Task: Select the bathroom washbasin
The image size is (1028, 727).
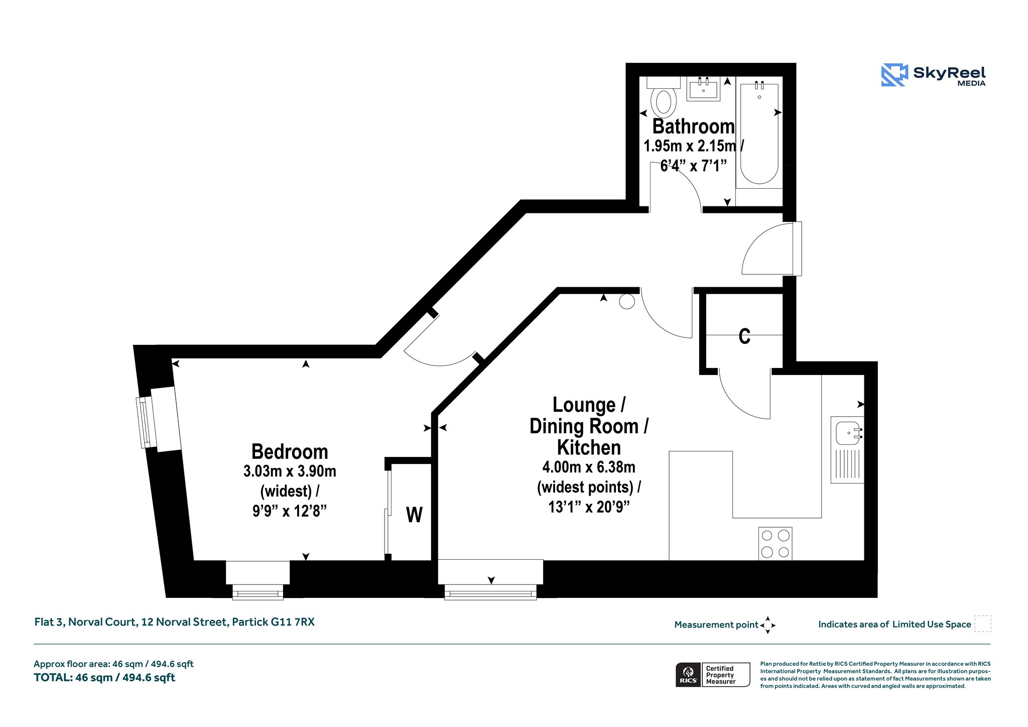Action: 703,89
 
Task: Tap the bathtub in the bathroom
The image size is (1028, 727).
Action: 759,135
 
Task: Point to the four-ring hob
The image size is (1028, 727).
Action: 775,544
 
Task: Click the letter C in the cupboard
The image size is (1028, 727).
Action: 745,336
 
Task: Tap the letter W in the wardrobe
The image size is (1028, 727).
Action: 414,515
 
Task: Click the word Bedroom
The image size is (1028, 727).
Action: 290,451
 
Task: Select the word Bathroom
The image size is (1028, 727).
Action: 693,127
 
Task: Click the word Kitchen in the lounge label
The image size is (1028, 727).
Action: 589,447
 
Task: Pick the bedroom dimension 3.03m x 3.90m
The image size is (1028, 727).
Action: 290,471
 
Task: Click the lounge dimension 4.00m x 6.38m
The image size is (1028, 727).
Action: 589,467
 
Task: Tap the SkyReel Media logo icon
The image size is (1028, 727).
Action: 894,75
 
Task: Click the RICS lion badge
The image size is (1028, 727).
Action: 688,675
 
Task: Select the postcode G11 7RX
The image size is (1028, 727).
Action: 293,622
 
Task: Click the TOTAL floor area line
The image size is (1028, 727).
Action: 104,678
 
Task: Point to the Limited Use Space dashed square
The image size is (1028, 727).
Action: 983,624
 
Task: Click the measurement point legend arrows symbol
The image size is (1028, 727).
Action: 768,625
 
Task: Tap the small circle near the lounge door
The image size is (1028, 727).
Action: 627,301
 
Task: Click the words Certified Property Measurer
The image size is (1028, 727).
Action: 720,675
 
